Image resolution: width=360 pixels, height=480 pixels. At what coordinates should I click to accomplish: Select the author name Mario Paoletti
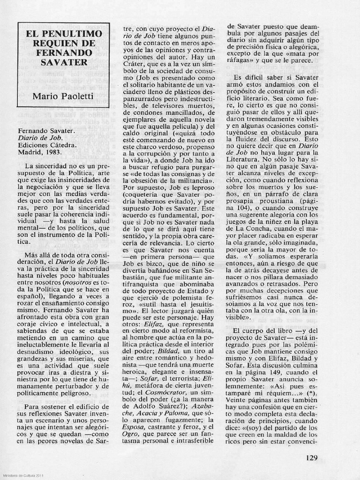point(63,97)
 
